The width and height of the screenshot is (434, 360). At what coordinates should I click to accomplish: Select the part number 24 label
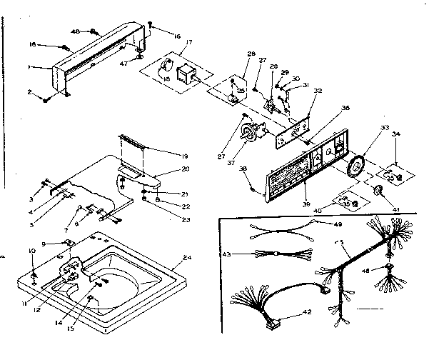(x=188, y=257)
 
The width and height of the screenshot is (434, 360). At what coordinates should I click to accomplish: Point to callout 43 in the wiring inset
(x=226, y=254)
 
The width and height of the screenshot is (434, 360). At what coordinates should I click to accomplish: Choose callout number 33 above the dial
(x=365, y=128)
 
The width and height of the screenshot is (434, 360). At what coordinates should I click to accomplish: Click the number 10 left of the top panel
(x=31, y=250)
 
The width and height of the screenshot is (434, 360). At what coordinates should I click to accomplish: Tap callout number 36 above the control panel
(x=325, y=109)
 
